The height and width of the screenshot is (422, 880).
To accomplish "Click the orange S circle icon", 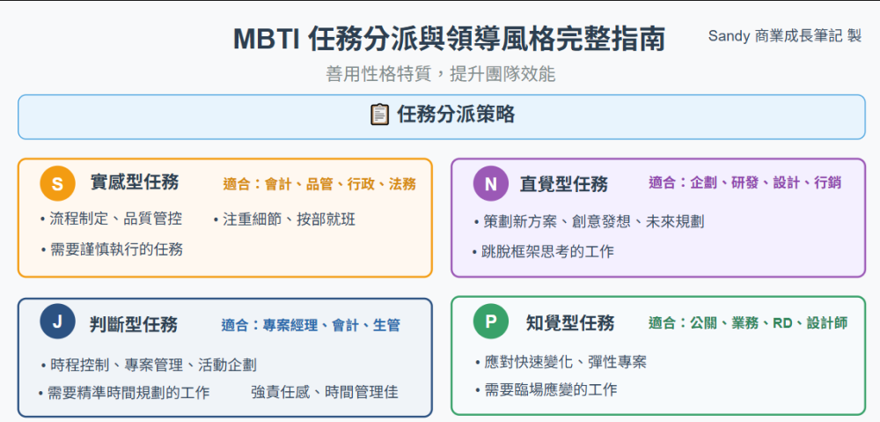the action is [x=58, y=183].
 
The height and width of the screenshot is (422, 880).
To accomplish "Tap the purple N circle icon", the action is [x=490, y=183].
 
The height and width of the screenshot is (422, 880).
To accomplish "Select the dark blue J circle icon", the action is [x=58, y=322].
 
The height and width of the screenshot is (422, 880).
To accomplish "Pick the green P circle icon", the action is [x=490, y=321].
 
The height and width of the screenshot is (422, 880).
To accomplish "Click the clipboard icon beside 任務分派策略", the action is [x=379, y=115].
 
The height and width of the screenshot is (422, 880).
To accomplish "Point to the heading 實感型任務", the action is [x=134, y=182].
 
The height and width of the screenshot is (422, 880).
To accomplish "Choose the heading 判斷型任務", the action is [x=134, y=324].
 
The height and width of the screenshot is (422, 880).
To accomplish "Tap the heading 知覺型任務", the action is [x=570, y=322].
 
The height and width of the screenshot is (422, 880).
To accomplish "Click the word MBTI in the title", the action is [x=266, y=40].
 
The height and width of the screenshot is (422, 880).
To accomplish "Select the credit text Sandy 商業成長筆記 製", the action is [x=785, y=36].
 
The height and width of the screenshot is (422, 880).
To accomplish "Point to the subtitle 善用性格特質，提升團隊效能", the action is [x=441, y=74].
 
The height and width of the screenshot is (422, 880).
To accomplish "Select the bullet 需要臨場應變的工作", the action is [x=546, y=389].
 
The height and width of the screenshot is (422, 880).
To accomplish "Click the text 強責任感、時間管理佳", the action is [x=325, y=392].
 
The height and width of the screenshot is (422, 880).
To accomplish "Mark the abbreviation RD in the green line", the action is [x=782, y=323].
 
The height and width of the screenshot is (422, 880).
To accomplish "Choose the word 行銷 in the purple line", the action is [x=828, y=182].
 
